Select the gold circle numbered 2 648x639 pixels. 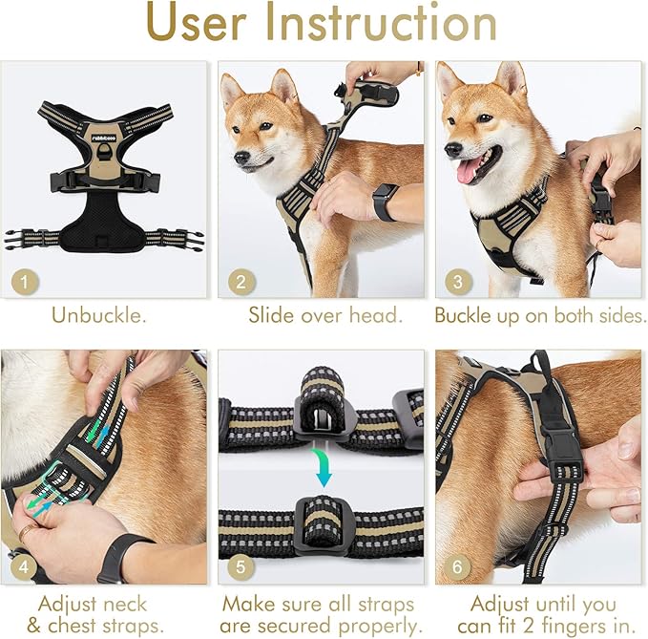241,283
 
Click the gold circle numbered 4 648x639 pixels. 23,566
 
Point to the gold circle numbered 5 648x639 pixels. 241,566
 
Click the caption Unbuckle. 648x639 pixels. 100,315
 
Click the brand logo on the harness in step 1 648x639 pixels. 101,136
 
